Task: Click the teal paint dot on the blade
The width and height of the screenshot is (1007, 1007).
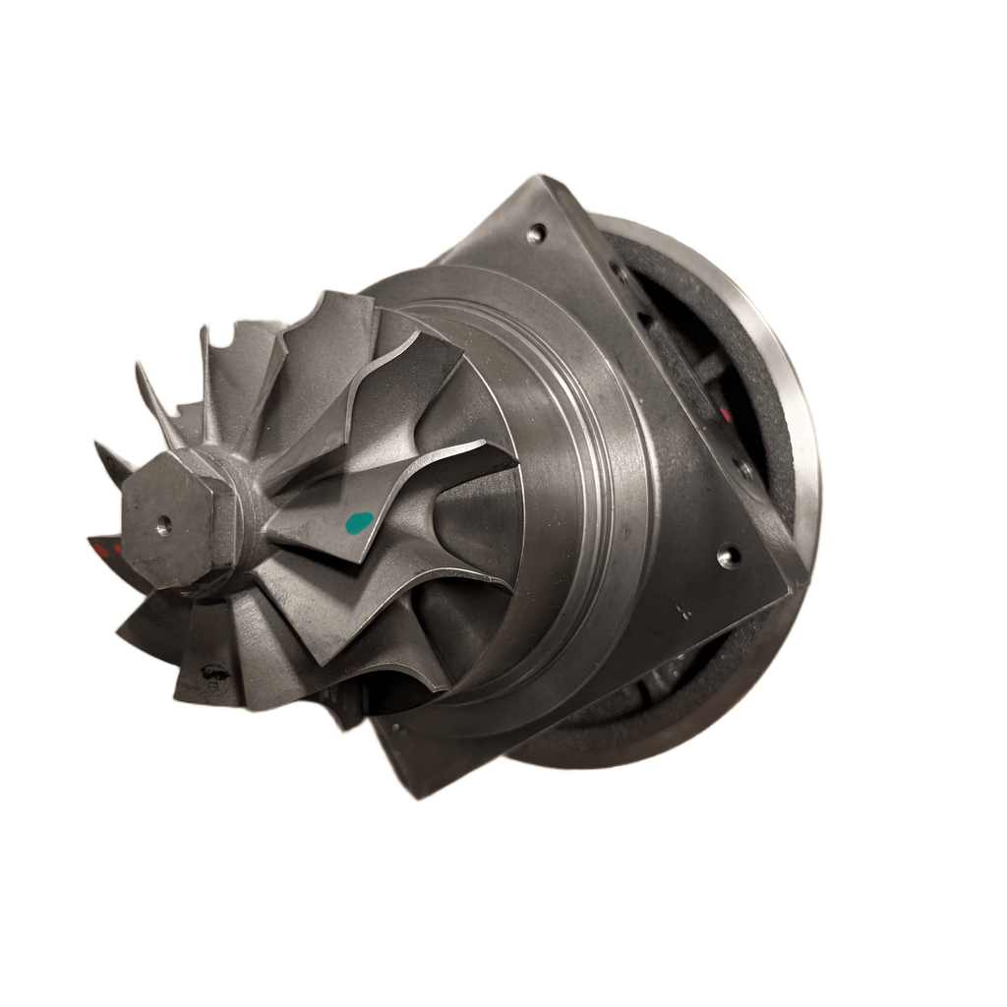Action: [361, 521]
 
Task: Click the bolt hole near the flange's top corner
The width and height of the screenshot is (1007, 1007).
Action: [536, 234]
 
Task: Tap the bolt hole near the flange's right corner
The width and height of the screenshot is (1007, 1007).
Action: [728, 557]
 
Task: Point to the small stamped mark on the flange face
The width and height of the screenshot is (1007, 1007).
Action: [685, 611]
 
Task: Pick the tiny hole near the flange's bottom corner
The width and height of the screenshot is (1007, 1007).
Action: [398, 730]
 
